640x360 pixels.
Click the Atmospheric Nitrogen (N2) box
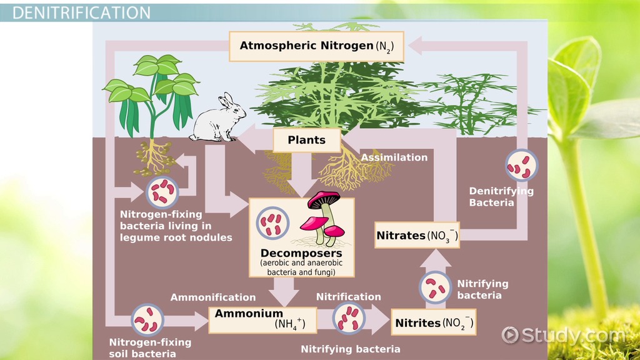316,46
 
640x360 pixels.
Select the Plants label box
307,140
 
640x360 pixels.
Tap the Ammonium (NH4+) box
262,319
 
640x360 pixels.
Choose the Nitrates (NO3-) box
417,236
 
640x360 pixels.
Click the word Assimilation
394,157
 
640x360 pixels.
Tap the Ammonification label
213,297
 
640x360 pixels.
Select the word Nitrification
348,297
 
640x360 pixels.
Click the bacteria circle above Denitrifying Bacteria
521,166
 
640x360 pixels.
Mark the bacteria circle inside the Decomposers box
272,223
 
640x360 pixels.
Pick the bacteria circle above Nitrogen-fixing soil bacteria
147,319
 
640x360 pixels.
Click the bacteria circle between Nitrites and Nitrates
434,287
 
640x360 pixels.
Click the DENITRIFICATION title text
81,12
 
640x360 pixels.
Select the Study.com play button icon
511,335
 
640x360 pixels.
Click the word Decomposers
301,254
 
